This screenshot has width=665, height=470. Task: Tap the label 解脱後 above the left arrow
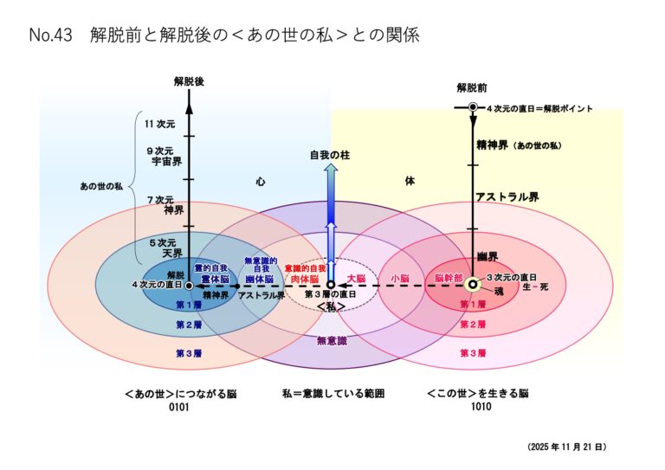(189, 81)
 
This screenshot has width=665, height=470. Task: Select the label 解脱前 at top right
(472, 87)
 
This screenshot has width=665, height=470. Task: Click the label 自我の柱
(330, 156)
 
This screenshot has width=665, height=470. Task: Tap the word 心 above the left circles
(260, 182)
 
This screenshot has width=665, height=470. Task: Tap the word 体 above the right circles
(410, 182)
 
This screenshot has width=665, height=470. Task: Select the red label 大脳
(356, 279)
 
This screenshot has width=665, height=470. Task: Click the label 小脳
(399, 279)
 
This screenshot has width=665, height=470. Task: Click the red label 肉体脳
(305, 279)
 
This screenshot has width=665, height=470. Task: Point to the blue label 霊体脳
(210, 279)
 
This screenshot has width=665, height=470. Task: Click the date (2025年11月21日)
(566, 447)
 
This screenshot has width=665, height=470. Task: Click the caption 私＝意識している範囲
(332, 393)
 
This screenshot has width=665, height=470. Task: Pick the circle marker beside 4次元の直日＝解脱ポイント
(473, 107)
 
